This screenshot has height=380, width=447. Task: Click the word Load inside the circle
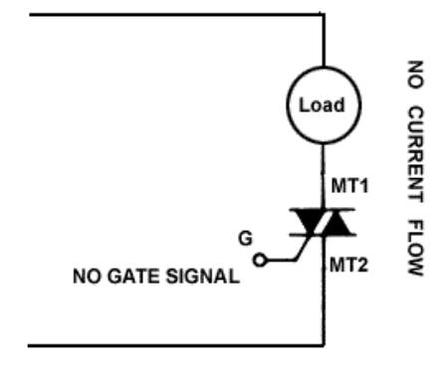[322, 105]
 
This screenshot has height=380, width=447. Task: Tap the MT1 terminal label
[349, 186]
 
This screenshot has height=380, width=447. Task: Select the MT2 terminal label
[348, 266]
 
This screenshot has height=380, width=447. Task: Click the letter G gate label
[245, 239]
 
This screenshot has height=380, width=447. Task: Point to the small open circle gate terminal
[260, 260]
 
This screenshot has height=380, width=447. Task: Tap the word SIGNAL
[203, 277]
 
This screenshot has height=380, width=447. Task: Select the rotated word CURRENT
[415, 154]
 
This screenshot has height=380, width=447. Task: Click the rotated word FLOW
[415, 248]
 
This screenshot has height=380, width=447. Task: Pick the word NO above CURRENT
[415, 75]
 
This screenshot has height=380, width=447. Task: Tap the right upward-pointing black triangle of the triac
[336, 223]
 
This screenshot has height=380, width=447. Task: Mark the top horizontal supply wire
[176, 15]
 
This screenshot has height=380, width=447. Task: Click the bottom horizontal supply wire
[176, 345]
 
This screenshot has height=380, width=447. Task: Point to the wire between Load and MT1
[324, 176]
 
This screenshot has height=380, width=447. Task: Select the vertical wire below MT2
[324, 290]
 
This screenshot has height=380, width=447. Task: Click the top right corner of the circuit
[324, 15]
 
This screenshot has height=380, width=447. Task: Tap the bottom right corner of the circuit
[324, 345]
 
